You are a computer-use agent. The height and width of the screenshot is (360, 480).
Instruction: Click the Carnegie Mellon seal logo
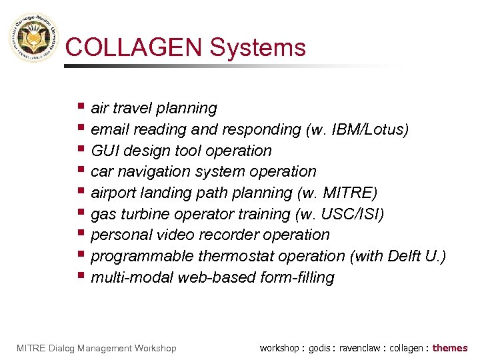click(33, 39)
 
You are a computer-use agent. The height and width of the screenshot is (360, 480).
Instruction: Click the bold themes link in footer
click(450, 348)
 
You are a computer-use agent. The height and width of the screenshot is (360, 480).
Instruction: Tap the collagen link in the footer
click(406, 348)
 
